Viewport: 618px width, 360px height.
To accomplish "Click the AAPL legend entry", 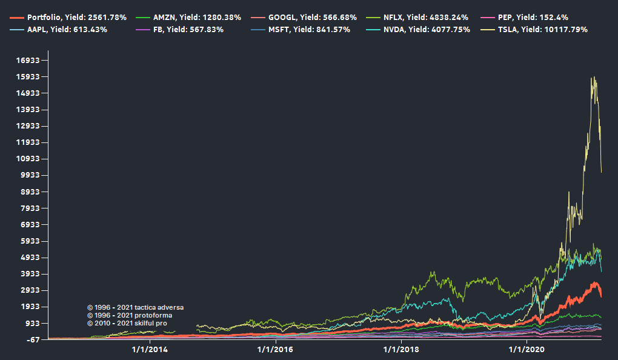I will pos(67,30).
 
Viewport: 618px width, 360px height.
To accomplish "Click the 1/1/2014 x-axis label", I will pos(150,349).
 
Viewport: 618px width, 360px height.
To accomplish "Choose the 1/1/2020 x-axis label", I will pos(527,349).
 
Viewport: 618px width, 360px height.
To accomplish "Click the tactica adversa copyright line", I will pos(135,307).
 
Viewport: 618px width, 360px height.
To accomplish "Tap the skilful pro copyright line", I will pos(127,323).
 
